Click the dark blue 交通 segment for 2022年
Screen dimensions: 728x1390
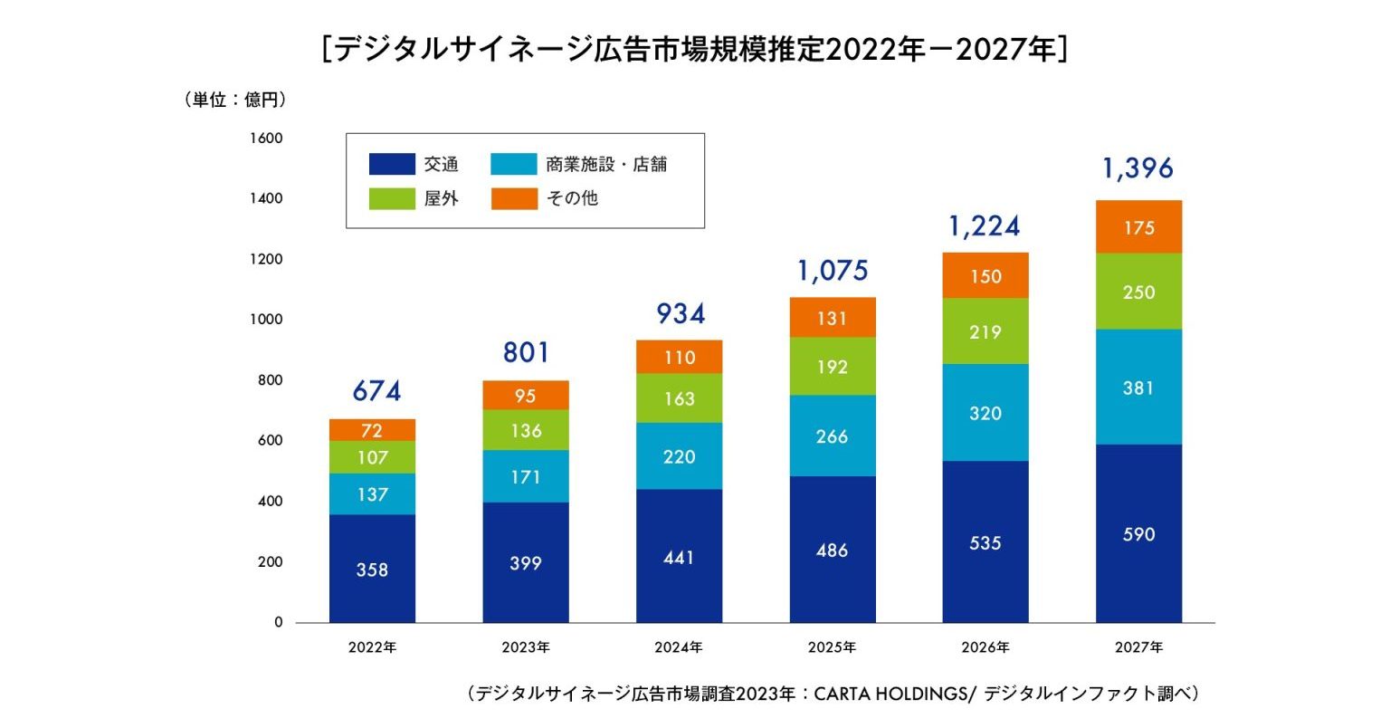[372, 569]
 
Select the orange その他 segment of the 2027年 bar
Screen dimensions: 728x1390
[1138, 227]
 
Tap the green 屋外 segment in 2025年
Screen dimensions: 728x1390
[832, 367]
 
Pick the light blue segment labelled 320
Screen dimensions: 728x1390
[985, 413]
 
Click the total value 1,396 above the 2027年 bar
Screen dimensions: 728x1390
[1138, 168]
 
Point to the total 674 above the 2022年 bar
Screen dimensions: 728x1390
[376, 391]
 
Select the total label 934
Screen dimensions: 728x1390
[680, 313]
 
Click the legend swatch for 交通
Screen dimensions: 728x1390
[392, 164]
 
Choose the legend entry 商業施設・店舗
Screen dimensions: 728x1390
[605, 164]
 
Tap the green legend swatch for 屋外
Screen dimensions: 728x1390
[392, 198]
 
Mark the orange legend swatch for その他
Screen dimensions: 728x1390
[514, 198]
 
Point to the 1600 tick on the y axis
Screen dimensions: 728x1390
[266, 139]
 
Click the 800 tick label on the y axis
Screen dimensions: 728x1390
[270, 380]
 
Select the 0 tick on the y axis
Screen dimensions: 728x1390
[278, 622]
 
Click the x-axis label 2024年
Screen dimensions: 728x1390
[679, 647]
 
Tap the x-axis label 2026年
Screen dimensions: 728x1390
[985, 647]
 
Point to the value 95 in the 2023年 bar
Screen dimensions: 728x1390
[526, 396]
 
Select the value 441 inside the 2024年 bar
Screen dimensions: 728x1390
[679, 557]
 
